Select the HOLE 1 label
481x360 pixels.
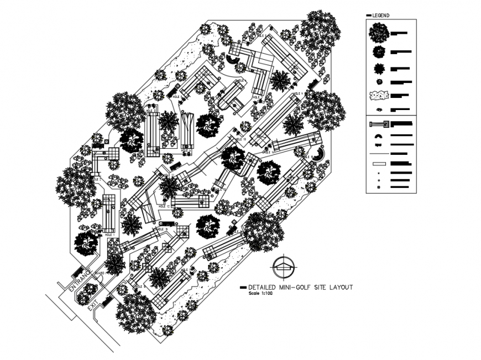(x=109, y=234)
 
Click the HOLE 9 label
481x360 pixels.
(x=162, y=228)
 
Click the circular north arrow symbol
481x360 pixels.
(x=284, y=268)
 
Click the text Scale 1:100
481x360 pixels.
(x=262, y=293)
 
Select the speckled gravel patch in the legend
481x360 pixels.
(x=379, y=96)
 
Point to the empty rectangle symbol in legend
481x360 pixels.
(x=379, y=163)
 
